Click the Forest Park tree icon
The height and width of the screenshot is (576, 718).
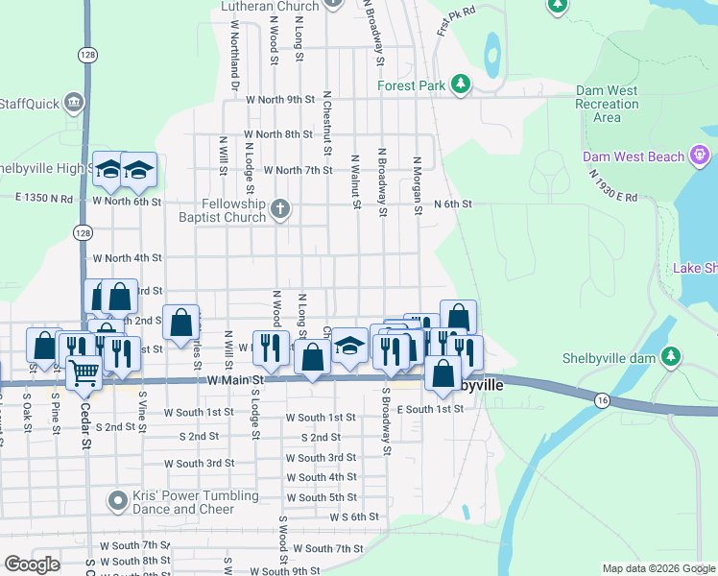(461, 85)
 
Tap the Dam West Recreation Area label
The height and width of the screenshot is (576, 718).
(607, 104)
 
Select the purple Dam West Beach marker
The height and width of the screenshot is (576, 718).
(703, 156)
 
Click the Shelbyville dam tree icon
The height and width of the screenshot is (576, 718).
(673, 358)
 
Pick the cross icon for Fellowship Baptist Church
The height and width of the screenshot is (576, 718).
(279, 209)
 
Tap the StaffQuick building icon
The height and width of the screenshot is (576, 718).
(73, 104)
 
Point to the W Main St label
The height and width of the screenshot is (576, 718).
(235, 381)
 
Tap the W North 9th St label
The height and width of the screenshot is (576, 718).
(280, 99)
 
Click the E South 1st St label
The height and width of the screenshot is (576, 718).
(431, 409)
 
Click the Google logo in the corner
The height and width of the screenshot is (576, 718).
(32, 564)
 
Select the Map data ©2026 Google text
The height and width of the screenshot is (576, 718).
(658, 568)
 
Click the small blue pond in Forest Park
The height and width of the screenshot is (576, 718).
(491, 56)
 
